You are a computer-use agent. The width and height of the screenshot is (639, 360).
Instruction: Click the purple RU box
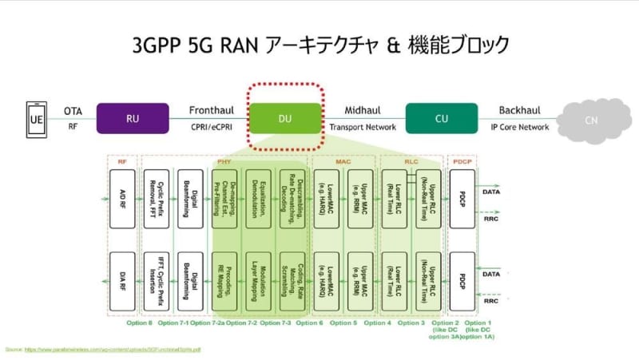(x=133, y=117)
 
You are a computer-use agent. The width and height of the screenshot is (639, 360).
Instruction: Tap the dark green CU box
(x=442, y=117)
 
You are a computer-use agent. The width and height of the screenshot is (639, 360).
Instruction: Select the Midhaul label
(x=363, y=110)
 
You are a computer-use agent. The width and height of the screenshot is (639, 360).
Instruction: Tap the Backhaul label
(x=520, y=110)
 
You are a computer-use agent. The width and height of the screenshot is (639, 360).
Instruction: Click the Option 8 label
(x=139, y=322)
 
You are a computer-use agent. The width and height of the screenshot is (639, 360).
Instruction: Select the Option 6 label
(x=308, y=322)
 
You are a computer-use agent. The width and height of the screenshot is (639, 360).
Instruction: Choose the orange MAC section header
(x=345, y=160)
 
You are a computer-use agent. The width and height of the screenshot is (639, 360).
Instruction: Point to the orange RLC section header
(x=412, y=160)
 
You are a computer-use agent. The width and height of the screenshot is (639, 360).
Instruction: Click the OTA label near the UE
(x=73, y=110)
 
